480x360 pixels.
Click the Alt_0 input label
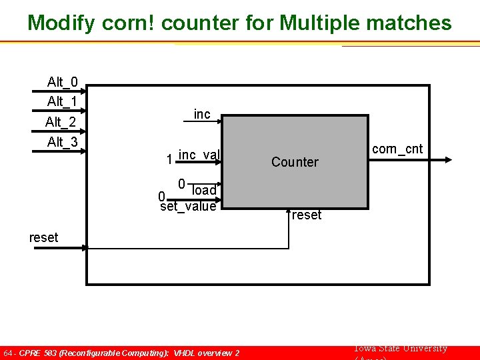coord(62,83)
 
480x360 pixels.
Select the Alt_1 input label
coord(62,102)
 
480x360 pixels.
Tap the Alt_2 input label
coord(61,123)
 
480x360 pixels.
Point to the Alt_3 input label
coord(62,142)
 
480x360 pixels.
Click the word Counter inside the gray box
coord(295,162)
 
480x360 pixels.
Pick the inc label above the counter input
coord(202,115)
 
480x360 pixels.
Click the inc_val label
coord(199,155)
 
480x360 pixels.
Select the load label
coord(204,191)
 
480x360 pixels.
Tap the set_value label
coord(189,207)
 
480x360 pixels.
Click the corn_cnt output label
coord(397,149)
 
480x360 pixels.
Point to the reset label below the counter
coord(307,215)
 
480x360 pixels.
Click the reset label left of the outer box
coord(44,237)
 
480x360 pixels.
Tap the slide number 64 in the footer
coord(8,353)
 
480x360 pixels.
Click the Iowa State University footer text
coord(400,349)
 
